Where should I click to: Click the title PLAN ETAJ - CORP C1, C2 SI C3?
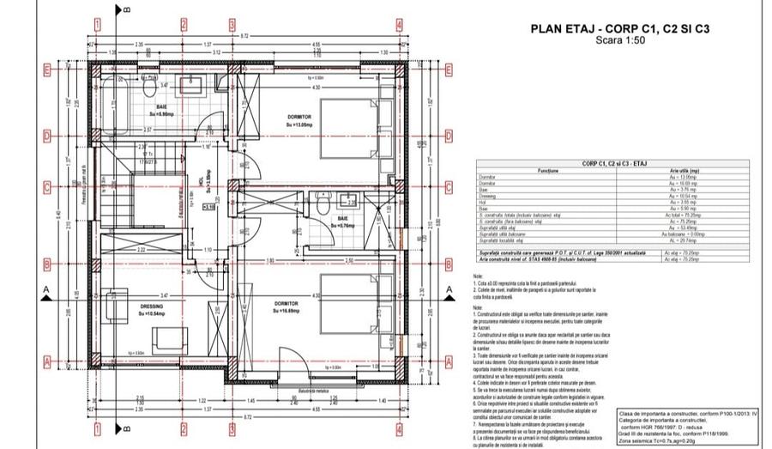[x=627, y=28]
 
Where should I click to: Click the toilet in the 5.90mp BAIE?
[x=149, y=88]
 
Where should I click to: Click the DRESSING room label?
[x=130, y=310]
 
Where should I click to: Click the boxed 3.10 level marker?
[x=209, y=207]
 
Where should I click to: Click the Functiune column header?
[x=549, y=169]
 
